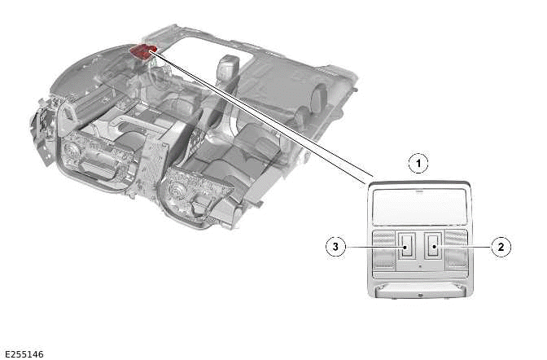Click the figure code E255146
click(x=24, y=353)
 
